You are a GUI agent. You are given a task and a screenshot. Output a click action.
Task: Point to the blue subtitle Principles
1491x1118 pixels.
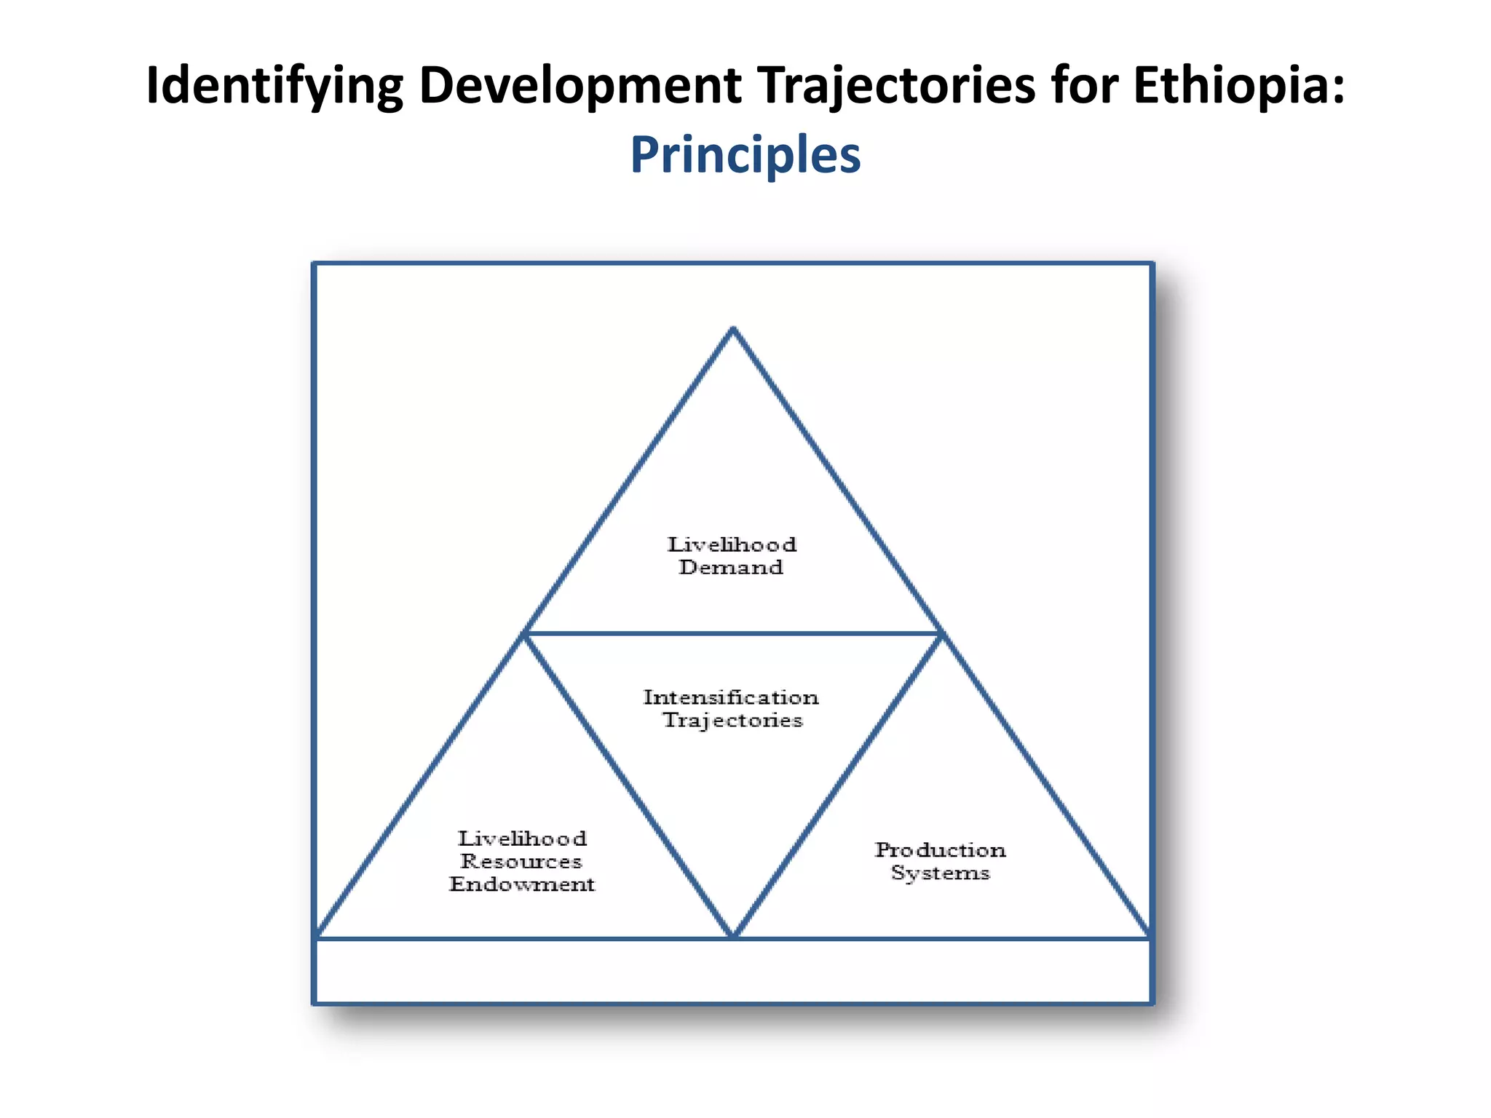click(745, 154)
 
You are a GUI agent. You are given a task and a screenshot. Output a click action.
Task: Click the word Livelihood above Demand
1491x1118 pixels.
click(732, 544)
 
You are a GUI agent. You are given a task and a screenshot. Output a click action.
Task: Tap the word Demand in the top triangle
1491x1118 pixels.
click(731, 567)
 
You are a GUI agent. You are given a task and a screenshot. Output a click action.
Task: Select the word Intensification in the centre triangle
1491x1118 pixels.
click(731, 697)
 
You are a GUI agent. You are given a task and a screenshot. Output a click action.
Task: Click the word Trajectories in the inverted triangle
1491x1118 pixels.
click(732, 720)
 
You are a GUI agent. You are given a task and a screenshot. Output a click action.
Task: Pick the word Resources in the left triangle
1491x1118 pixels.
click(521, 861)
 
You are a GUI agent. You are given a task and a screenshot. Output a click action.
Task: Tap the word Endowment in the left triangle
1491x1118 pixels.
click(521, 884)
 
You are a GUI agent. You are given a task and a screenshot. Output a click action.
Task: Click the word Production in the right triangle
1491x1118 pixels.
click(940, 849)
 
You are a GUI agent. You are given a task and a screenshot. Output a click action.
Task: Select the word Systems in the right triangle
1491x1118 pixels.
click(940, 872)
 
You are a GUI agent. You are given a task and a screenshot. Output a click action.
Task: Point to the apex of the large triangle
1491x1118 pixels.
click(733, 330)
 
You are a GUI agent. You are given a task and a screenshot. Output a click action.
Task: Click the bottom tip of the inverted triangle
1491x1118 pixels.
click(733, 935)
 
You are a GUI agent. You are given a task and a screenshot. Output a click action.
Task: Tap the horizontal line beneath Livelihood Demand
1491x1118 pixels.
click(732, 633)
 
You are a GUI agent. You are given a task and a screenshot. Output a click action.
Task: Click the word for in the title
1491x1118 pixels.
click(1083, 86)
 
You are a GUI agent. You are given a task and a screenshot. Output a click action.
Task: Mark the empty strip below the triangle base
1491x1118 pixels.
click(732, 972)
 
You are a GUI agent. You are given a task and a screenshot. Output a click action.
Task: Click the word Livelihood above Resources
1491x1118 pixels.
click(522, 838)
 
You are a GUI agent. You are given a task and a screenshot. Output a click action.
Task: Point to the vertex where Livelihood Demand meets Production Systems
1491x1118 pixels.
click(941, 634)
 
